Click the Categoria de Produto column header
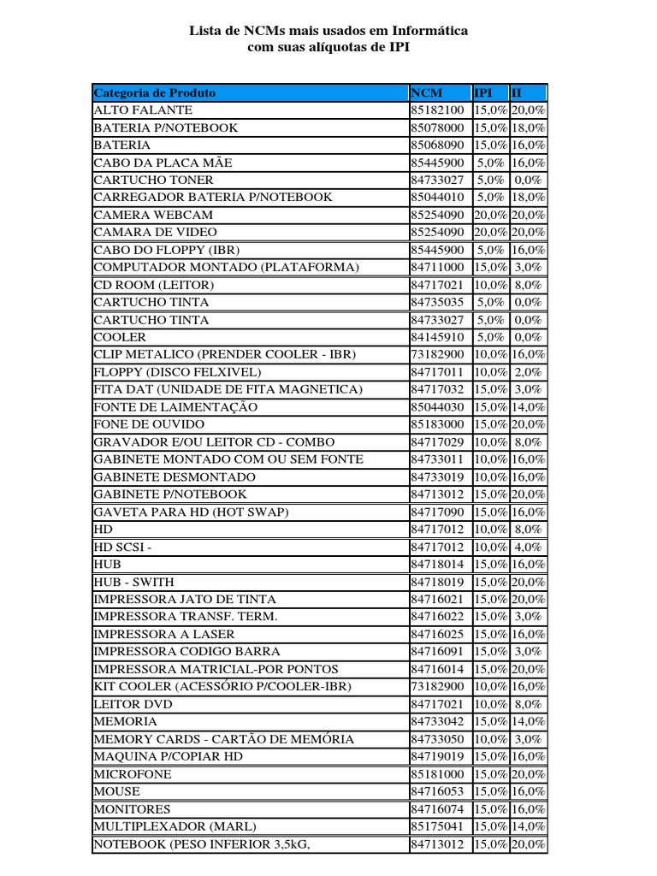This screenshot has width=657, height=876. [155, 92]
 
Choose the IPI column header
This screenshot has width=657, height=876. [484, 92]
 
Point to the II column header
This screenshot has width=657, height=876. [517, 92]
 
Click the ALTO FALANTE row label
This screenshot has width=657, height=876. [143, 110]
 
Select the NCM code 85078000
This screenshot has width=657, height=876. [437, 127]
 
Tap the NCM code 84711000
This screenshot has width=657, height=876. [437, 267]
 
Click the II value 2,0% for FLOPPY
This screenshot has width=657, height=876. [529, 372]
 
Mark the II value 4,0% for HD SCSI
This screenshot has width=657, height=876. [529, 547]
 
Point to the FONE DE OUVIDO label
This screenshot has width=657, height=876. [149, 424]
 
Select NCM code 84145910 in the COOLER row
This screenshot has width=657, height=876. [437, 337]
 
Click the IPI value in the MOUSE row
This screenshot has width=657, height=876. [491, 791]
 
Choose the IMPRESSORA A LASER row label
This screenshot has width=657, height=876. [163, 634]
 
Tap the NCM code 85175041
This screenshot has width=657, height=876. [437, 826]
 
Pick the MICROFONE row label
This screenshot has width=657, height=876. [133, 773]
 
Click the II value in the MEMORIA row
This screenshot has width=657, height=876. [529, 721]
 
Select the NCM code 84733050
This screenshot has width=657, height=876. [437, 738]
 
